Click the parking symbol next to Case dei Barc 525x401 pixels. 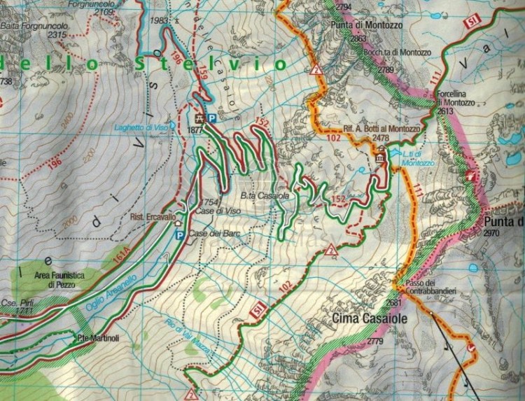click(x=179, y=237)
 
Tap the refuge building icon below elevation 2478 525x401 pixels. click(x=381, y=158)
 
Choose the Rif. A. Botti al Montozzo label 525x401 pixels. click(x=381, y=129)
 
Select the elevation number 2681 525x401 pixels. click(x=395, y=302)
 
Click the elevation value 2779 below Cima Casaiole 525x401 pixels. click(x=376, y=341)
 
